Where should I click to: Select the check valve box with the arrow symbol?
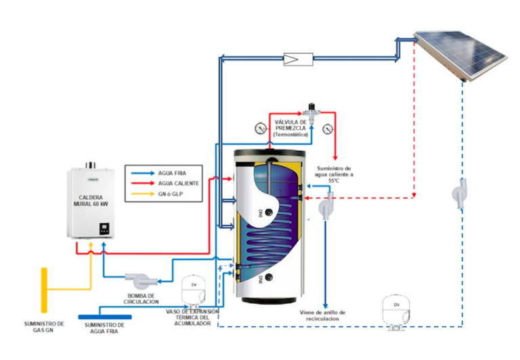tap(298, 60)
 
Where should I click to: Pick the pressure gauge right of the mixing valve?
tap(328, 127)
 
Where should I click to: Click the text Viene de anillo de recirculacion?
tap(323, 316)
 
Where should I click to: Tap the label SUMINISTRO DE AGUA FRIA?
tap(105, 328)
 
